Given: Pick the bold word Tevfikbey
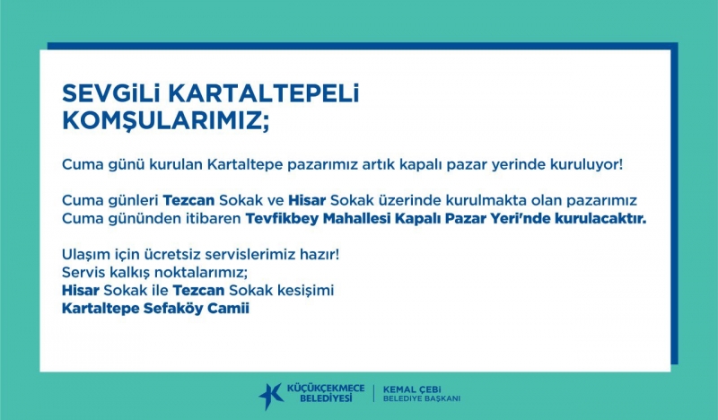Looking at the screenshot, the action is (282, 219).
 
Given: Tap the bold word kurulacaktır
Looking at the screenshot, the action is (600, 218).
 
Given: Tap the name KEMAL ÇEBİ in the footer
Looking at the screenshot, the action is (412, 389).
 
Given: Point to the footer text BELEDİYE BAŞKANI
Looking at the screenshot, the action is (421, 399).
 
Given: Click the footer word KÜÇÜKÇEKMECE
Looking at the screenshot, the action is (326, 389).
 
